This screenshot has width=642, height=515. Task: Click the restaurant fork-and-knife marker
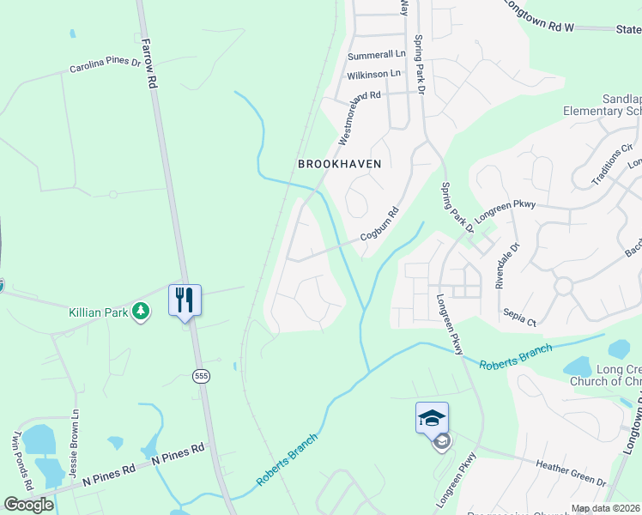click(x=185, y=300)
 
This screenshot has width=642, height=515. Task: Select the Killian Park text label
click(x=97, y=312)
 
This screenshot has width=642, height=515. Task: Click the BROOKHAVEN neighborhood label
click(x=339, y=163)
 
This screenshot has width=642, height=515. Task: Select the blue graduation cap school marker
click(x=432, y=418)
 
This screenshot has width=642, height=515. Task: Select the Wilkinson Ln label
click(x=373, y=75)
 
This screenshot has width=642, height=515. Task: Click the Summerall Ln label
click(x=374, y=56)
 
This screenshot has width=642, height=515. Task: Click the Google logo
click(x=28, y=504)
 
